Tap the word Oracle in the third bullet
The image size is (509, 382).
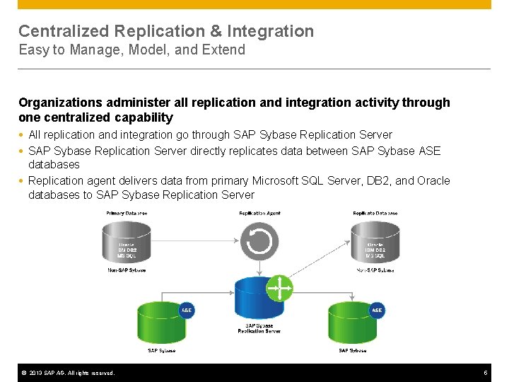point(433,180)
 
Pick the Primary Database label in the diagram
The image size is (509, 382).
point(127,213)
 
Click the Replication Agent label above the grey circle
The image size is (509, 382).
point(259,213)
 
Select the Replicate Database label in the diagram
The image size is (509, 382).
point(375,213)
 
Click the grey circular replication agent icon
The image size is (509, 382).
point(259,241)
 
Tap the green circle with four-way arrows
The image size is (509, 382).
point(279,288)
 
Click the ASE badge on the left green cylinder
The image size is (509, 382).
point(186,311)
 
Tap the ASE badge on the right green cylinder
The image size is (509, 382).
point(377,311)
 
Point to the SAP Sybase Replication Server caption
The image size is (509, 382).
point(259,328)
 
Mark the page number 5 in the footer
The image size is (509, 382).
point(486,373)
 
